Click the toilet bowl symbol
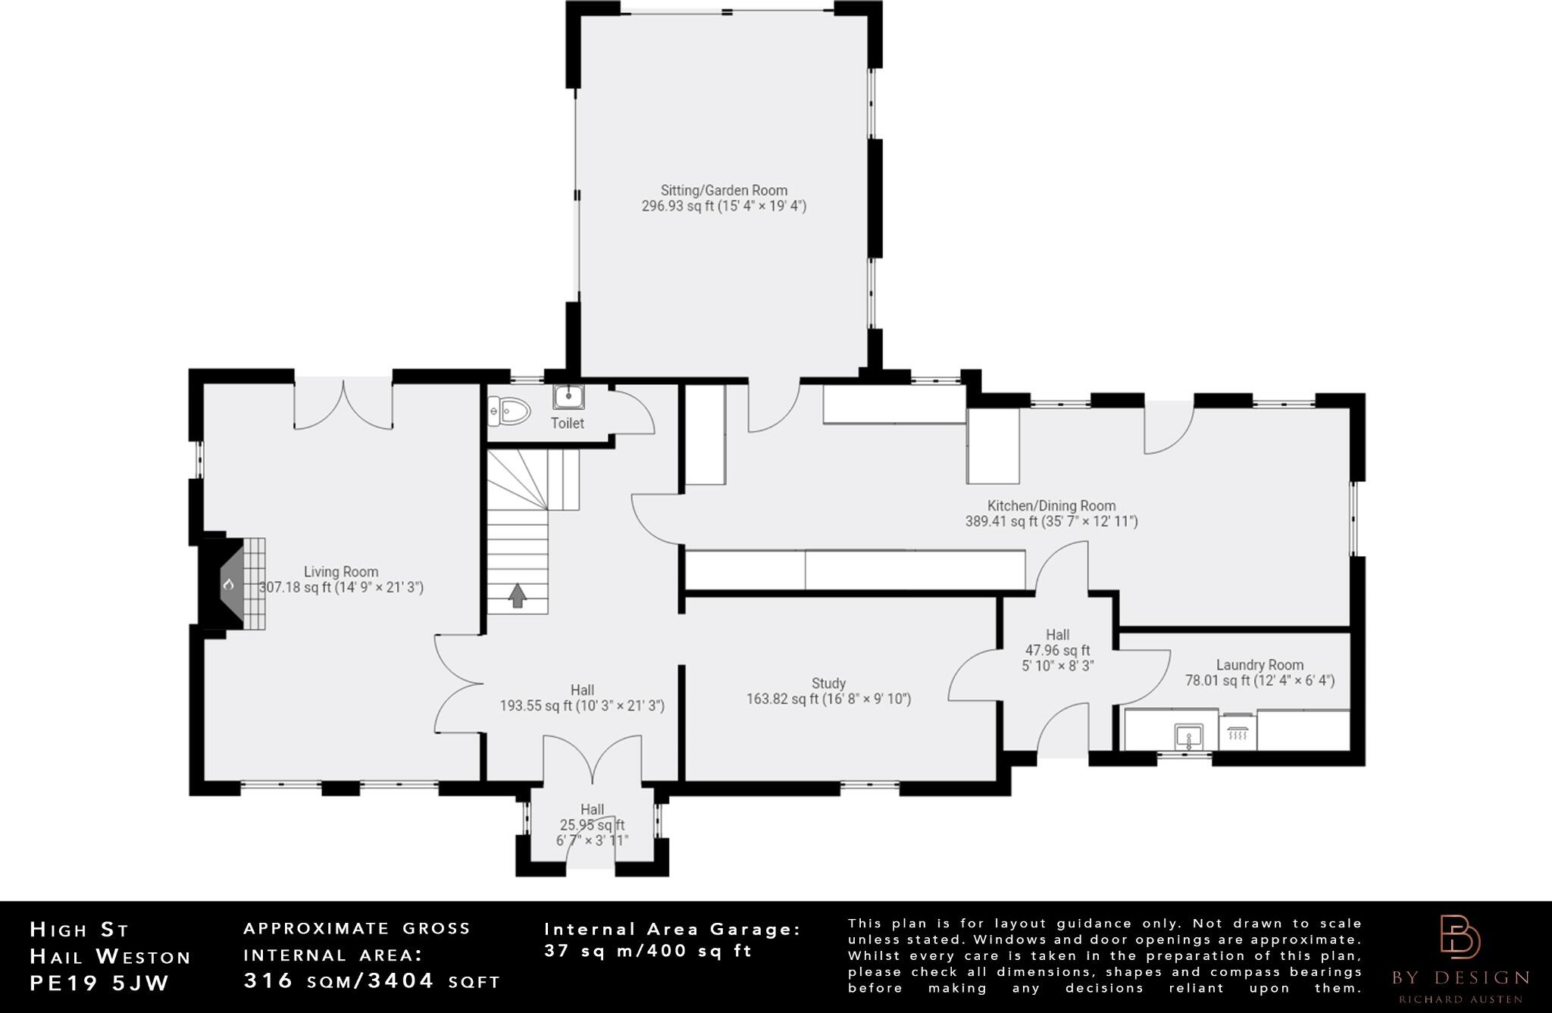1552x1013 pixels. [509, 411]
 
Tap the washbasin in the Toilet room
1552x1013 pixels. [568, 396]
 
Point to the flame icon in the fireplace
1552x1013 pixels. [228, 583]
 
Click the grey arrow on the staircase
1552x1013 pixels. [517, 596]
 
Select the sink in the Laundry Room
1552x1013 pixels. [1188, 736]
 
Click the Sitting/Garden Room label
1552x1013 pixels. [724, 190]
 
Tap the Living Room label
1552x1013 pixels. [341, 572]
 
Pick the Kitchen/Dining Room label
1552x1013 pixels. [1051, 505]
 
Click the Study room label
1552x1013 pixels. [828, 683]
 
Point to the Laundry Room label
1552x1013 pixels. [1259, 665]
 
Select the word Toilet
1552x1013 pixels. [568, 423]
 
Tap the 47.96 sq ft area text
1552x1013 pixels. [1058, 650]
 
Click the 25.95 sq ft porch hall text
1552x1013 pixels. [592, 825]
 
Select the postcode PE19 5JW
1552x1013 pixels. [99, 983]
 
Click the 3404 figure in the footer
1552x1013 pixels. [401, 980]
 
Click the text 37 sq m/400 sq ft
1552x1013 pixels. [649, 950]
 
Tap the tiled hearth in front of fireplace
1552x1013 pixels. [254, 583]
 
